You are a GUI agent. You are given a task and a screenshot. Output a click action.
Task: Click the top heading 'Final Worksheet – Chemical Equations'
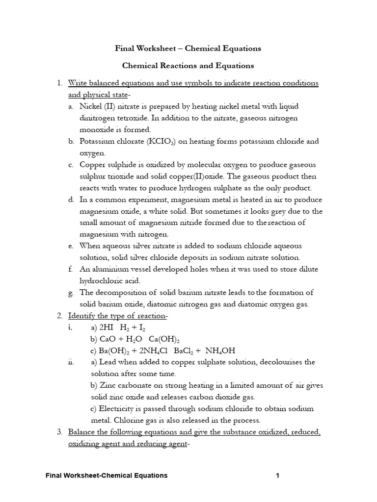click(x=188, y=49)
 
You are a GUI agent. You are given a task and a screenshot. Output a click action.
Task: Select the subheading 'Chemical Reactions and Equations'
click(x=188, y=65)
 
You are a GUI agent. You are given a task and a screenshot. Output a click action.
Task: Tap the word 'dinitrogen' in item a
click(x=97, y=118)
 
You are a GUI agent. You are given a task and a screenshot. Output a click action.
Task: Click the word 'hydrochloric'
click(x=102, y=281)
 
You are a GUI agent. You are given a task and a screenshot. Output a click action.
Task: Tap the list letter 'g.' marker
click(x=71, y=293)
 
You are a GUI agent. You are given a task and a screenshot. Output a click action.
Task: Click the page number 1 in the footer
click(x=278, y=476)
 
